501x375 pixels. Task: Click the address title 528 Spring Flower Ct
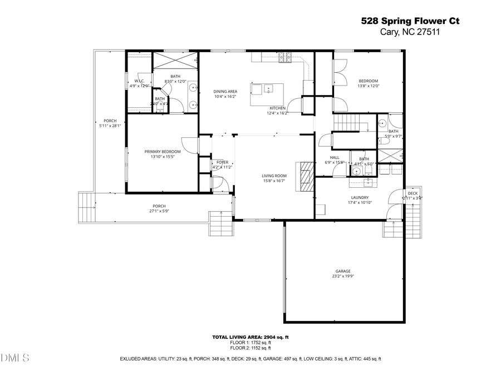[x=411, y=21]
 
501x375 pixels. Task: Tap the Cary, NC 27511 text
[x=411, y=32]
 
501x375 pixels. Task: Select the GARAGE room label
[x=343, y=271]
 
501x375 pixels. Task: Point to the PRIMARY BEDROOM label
[x=163, y=152]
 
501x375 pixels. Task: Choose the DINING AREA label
[x=225, y=92]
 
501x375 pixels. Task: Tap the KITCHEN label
[x=278, y=108]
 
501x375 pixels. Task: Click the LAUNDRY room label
[x=360, y=197]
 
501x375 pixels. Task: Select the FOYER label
[x=223, y=162]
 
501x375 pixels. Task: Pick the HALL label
[x=335, y=157]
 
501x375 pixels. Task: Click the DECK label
[x=412, y=193]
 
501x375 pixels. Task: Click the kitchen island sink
[x=268, y=88]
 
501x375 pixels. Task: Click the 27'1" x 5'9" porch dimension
[x=159, y=211]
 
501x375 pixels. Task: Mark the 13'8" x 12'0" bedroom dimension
[x=368, y=86]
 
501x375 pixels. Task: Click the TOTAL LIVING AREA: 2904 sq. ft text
[x=250, y=337]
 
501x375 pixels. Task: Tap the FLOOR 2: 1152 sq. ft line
[x=250, y=348]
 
